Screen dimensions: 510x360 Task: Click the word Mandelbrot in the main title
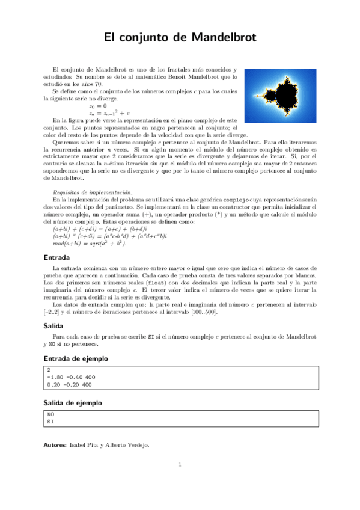pos(224,37)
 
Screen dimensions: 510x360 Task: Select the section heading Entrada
pos(57,257)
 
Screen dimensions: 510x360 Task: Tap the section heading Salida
pos(55,325)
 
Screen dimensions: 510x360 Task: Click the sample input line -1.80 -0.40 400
pos(70,377)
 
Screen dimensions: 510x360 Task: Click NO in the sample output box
pos(50,414)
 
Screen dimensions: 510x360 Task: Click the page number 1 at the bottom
pos(179,464)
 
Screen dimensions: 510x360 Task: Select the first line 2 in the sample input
pos(49,370)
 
